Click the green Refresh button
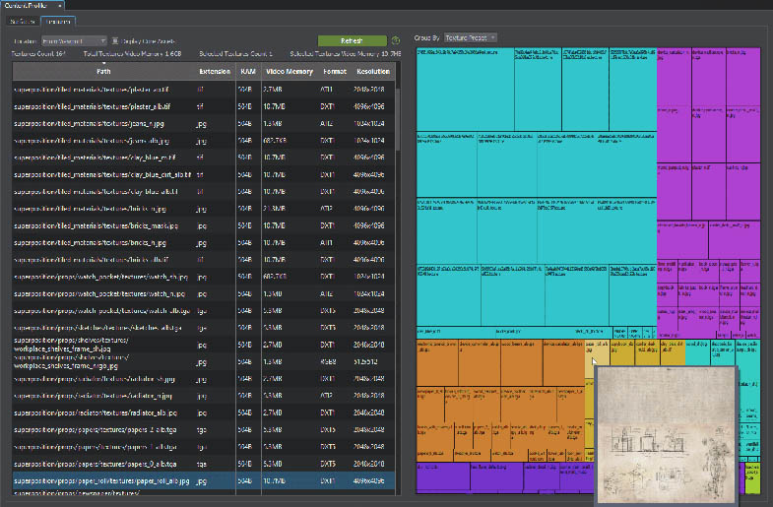coord(352,40)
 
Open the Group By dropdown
coord(471,37)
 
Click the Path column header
coord(103,71)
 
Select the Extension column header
coord(214,71)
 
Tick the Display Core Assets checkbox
coord(116,40)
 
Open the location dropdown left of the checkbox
coord(73,40)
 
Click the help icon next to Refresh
coord(396,40)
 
